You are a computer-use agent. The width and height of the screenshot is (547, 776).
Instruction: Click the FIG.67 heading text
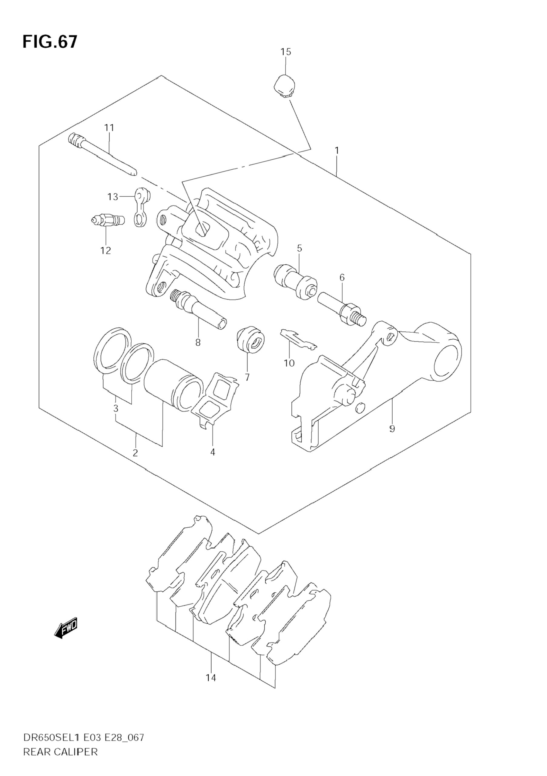(x=50, y=42)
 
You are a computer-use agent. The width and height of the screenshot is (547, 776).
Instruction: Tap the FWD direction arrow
(x=66, y=628)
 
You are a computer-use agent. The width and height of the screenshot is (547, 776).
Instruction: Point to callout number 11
(x=109, y=128)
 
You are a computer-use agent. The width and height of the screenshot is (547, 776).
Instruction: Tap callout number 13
(x=113, y=197)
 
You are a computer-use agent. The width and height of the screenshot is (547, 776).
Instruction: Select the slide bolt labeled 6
(x=342, y=310)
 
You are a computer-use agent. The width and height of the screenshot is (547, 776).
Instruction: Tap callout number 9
(x=392, y=429)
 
